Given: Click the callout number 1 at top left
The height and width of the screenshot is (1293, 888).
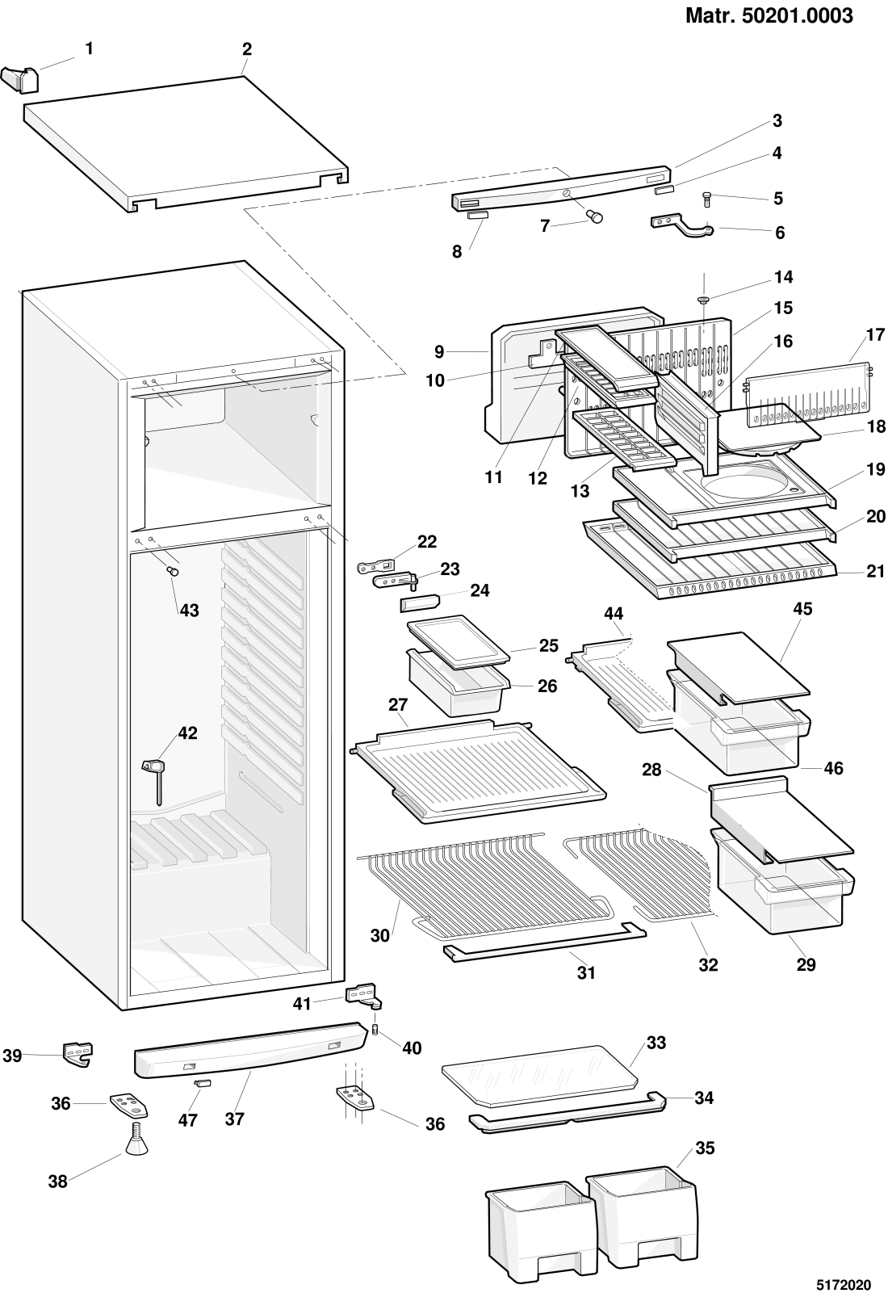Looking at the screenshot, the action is click(x=89, y=49).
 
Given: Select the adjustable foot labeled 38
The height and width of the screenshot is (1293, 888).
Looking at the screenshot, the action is click(x=136, y=1138).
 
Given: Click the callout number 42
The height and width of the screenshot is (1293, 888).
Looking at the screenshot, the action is click(x=187, y=733).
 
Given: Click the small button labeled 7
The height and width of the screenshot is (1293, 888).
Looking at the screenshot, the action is click(x=593, y=216).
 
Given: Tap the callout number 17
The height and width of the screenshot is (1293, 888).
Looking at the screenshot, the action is click(x=875, y=335).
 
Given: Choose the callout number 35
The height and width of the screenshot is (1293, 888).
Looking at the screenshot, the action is click(x=705, y=1148).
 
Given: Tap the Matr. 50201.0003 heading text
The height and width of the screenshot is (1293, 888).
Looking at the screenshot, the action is click(x=769, y=15).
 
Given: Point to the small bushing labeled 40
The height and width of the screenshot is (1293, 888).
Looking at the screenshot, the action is click(x=375, y=1029).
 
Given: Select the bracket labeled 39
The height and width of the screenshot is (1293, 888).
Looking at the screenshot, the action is click(x=77, y=1053).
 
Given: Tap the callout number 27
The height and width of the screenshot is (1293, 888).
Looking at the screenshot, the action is click(x=398, y=705).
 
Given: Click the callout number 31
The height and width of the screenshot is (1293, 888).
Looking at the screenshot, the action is click(x=585, y=972).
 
